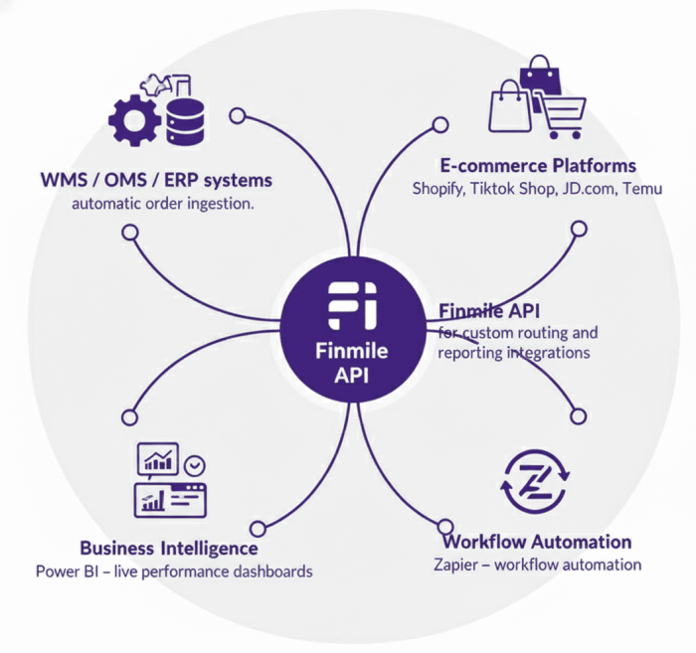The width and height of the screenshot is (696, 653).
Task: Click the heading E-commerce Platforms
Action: [x=538, y=165]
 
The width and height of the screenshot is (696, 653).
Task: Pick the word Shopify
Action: [x=438, y=188]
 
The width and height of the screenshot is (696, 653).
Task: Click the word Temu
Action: [x=641, y=188]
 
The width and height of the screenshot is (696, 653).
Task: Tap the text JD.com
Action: [x=587, y=188]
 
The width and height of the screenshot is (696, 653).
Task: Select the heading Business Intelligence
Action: [x=168, y=548]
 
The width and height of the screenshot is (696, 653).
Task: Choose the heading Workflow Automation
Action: [x=537, y=542]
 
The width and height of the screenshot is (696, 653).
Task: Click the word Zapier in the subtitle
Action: [x=454, y=565]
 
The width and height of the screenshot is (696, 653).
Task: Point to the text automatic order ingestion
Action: [x=162, y=205]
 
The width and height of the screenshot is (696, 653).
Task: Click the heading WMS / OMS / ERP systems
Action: [x=157, y=181]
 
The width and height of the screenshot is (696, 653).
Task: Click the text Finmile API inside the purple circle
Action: [x=347, y=363]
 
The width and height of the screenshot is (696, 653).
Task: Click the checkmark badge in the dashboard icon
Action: [x=197, y=464]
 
